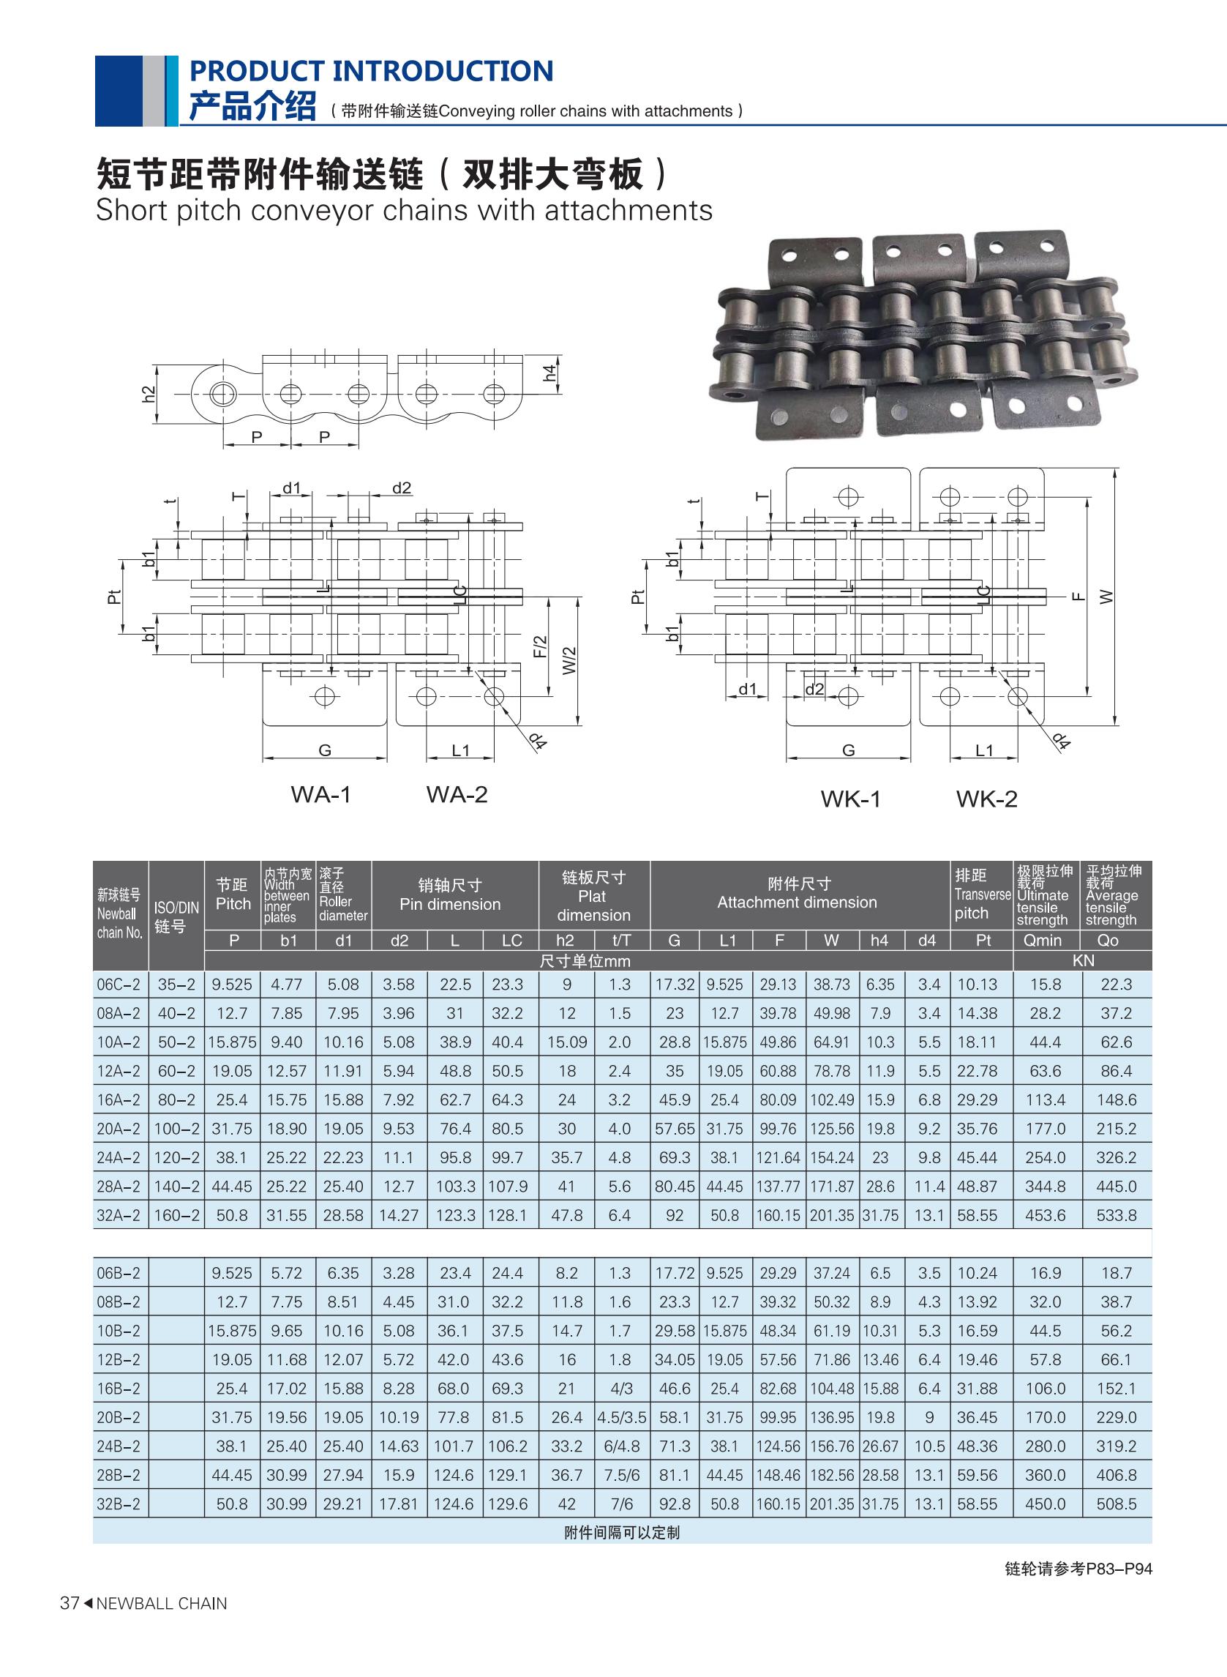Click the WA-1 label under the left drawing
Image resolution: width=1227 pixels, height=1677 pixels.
coord(321,794)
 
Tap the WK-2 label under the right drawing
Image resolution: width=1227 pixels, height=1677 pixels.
coord(986,799)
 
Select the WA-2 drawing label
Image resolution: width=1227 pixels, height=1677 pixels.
coord(457,794)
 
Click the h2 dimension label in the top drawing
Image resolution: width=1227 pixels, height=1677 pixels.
coord(149,395)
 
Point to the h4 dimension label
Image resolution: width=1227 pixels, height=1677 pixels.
coord(549,373)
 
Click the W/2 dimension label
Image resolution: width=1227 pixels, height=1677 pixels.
coord(569,660)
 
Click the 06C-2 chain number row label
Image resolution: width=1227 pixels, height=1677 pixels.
coord(118,985)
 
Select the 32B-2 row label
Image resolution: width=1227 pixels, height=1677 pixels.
coord(118,1504)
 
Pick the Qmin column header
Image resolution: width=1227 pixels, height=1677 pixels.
coord(1043,940)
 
